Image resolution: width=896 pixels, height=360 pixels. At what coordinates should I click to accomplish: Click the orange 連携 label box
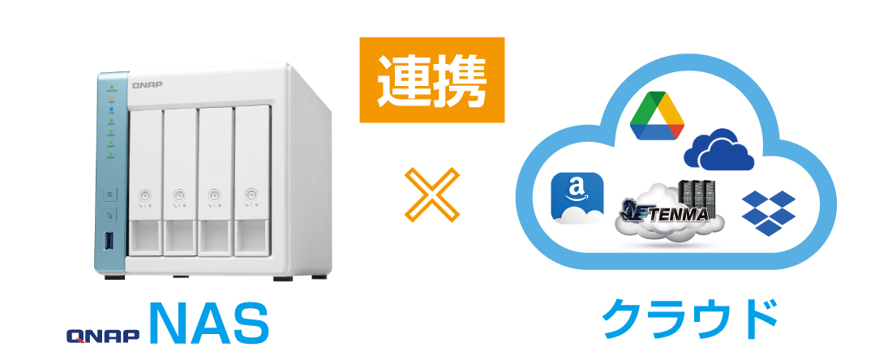pyautogui.click(x=432, y=80)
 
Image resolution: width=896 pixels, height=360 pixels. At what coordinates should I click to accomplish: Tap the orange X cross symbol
pyautogui.click(x=432, y=195)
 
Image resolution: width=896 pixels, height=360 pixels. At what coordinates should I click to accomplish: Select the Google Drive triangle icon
pyautogui.click(x=657, y=116)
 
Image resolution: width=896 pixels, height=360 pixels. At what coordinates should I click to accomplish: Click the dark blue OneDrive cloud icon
pyautogui.click(x=718, y=150)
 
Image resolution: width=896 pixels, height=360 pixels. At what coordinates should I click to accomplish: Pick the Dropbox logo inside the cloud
pyautogui.click(x=768, y=213)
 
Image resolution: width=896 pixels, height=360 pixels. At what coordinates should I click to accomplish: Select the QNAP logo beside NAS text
pyautogui.click(x=103, y=336)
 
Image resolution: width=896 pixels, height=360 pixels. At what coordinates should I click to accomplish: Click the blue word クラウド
pyautogui.click(x=690, y=319)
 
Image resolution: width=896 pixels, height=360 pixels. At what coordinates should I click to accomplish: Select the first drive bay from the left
pyautogui.click(x=146, y=182)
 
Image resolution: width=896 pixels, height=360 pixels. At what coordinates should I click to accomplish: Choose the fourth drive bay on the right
pyautogui.click(x=251, y=181)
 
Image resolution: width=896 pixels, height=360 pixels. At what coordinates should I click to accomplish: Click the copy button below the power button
pyautogui.click(x=109, y=216)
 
